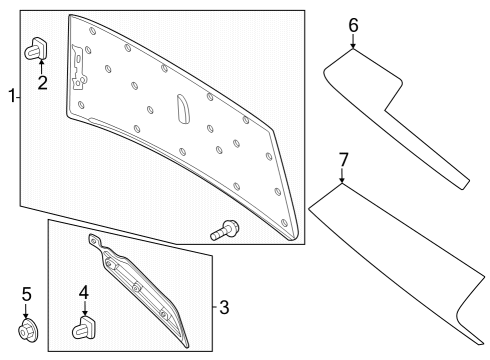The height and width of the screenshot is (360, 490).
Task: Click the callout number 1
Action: [x=11, y=96]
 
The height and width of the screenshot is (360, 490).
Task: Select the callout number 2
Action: [x=42, y=82]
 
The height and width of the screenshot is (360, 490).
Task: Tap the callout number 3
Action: [x=224, y=307]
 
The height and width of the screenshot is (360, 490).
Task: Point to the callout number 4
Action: [x=85, y=293]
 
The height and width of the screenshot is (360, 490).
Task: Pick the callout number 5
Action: [x=26, y=294]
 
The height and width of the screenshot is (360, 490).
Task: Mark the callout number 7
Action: [x=342, y=159]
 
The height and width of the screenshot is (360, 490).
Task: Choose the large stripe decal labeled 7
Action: [x=400, y=260]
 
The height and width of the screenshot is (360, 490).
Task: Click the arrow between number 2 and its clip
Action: [x=42, y=66]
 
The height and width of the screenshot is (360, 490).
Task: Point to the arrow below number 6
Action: [x=353, y=41]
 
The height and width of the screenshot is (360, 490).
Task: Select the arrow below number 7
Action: [x=342, y=177]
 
